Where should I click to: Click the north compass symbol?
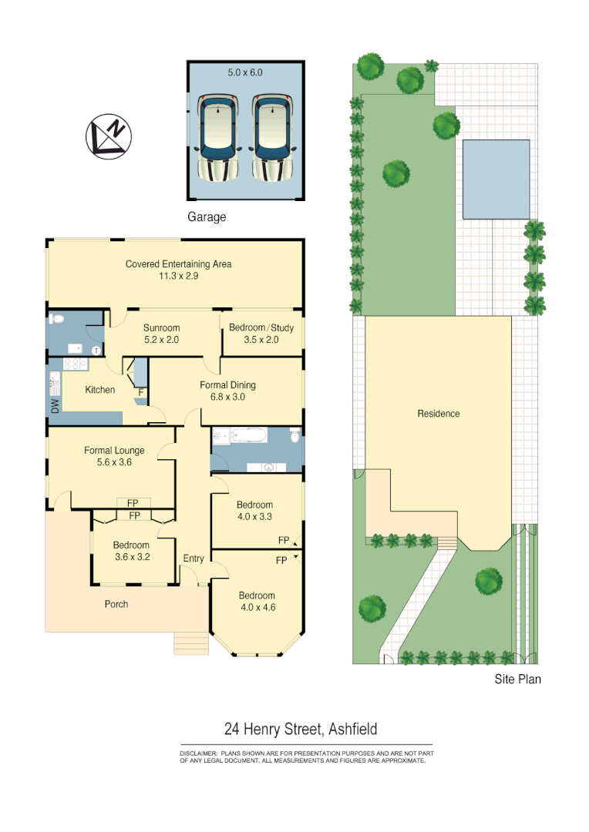[108, 137]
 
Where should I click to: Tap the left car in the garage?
[220, 136]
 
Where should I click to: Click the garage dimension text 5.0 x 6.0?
[245, 72]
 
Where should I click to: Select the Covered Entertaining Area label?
[178, 264]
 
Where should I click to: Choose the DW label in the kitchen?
[55, 408]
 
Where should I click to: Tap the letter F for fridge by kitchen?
[141, 392]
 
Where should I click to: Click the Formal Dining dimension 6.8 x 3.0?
[227, 398]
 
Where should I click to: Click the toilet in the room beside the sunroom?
[58, 319]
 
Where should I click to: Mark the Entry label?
[194, 559]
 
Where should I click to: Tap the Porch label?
[116, 604]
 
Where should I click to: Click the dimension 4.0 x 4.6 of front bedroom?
[257, 607]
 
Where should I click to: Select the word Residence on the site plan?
[438, 414]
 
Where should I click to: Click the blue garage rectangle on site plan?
[496, 179]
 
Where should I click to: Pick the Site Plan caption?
[517, 679]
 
